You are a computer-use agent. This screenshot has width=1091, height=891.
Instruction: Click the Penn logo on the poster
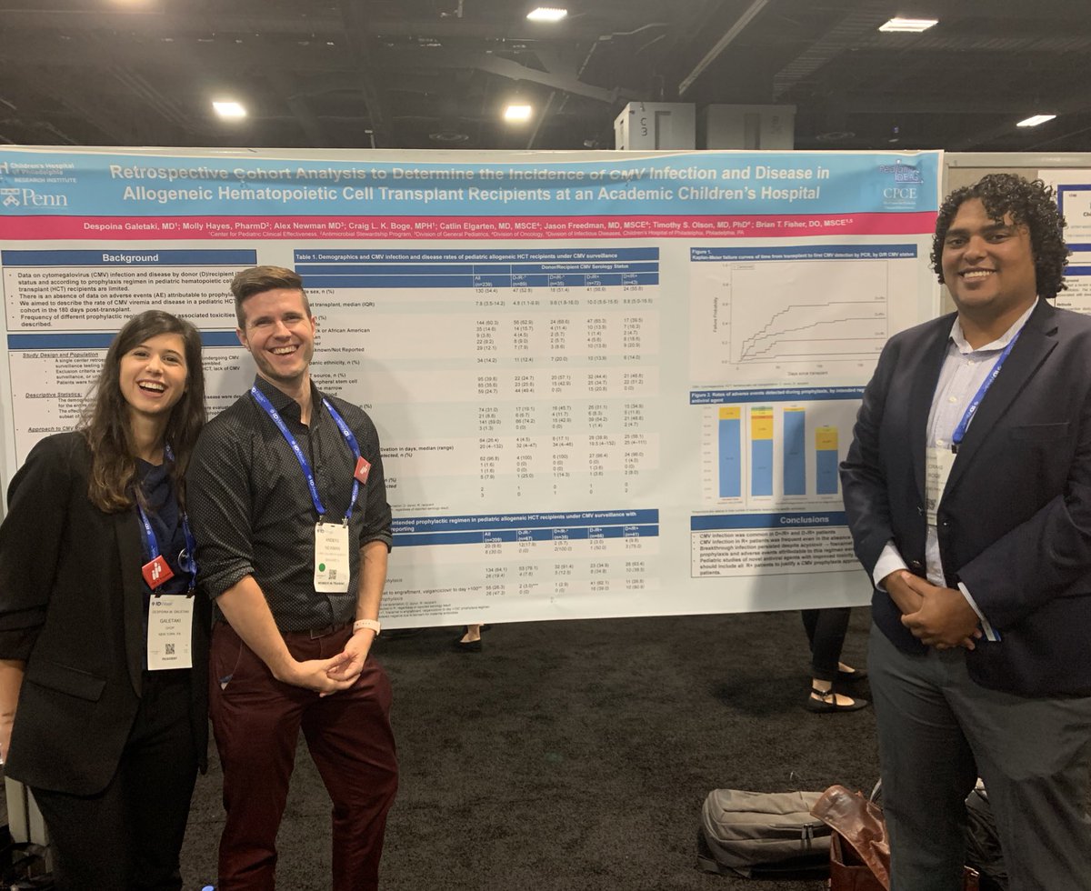coord(35,197)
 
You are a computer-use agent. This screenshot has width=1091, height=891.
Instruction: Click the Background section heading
coord(130,258)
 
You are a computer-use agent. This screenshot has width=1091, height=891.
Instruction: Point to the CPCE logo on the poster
coord(898,185)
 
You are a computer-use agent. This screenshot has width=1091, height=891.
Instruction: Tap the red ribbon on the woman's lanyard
coord(156,571)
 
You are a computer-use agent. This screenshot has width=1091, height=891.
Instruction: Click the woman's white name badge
coord(169,631)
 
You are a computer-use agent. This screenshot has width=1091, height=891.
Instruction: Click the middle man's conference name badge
coord(332,556)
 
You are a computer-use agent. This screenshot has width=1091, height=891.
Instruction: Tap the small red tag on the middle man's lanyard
coord(363,469)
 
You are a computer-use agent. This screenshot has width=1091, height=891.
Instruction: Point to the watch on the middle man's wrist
coord(367,627)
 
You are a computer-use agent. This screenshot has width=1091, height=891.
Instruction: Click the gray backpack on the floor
coord(764,829)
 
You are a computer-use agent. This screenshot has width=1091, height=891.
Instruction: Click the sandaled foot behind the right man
coord(835,700)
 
